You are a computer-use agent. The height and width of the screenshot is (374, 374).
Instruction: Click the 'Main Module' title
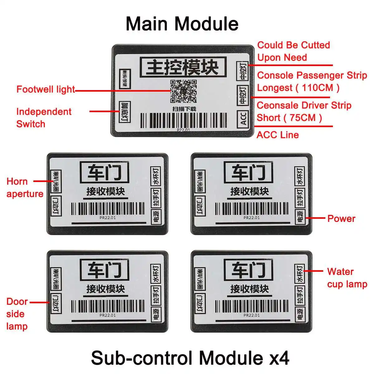[x=182, y=24]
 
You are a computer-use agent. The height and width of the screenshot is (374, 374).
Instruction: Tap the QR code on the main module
[x=183, y=91]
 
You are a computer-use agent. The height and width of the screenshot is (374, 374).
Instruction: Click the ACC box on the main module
[x=243, y=118]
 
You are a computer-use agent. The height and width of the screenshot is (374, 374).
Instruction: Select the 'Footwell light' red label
[x=46, y=89]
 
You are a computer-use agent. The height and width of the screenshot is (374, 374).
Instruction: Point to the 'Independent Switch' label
[x=44, y=117]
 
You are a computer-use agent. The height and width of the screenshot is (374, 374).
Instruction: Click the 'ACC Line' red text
[x=277, y=135]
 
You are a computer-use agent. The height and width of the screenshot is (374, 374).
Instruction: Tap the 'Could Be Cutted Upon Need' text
[x=293, y=51]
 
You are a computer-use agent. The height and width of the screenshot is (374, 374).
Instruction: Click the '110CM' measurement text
[x=317, y=88]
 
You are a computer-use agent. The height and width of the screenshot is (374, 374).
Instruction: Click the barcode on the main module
[x=183, y=120]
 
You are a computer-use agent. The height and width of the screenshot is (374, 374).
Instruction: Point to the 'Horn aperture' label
[x=25, y=187]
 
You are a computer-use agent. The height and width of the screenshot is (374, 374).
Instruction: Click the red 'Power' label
[x=341, y=218]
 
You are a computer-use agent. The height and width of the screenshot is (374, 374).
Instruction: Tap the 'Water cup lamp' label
[x=347, y=278]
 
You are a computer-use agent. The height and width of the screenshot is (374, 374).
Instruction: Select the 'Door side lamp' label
[x=17, y=314]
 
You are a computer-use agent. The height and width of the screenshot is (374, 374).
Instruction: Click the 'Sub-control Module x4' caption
[x=190, y=357]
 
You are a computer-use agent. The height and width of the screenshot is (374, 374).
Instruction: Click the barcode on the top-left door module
[x=108, y=209]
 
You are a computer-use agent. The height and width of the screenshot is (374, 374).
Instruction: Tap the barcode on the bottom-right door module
[x=252, y=306]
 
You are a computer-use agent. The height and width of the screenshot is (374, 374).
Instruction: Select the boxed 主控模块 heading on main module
[x=182, y=67]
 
